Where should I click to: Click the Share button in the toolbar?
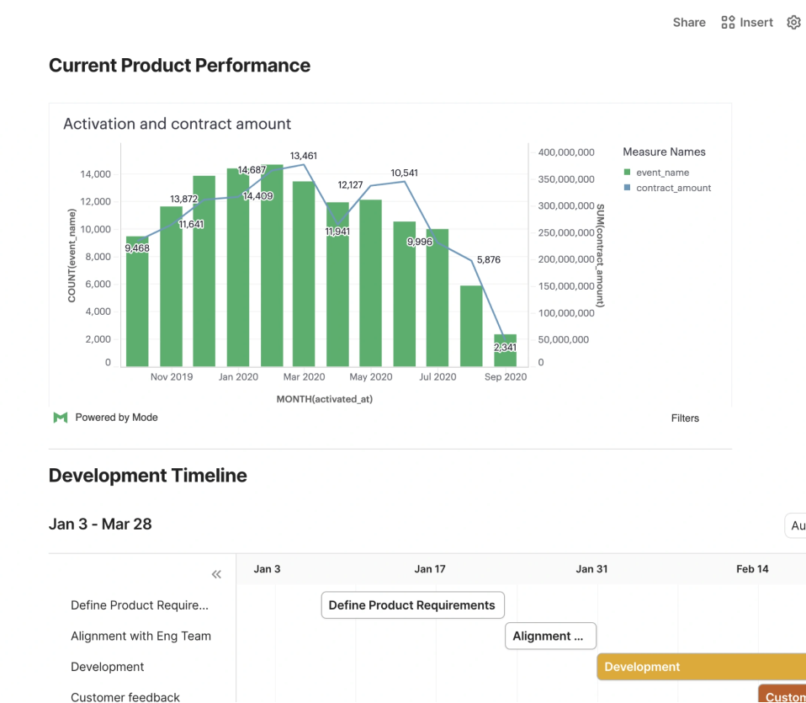click(x=688, y=23)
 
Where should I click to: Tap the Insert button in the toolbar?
click(x=747, y=23)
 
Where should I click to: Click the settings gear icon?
click(x=793, y=23)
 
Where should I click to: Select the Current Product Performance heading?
click(x=179, y=66)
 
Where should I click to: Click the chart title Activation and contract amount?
click(x=177, y=124)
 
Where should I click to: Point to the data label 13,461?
click(x=303, y=156)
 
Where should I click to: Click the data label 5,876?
click(x=488, y=260)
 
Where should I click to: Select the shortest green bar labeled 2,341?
click(x=505, y=350)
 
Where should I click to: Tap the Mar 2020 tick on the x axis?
click(x=303, y=377)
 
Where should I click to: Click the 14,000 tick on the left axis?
click(x=95, y=174)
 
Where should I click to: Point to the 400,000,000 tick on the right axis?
click(x=565, y=152)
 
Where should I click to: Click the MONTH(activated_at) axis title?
click(x=324, y=399)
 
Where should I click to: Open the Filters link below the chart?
click(x=685, y=418)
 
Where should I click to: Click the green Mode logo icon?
click(x=60, y=418)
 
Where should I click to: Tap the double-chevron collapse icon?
click(x=216, y=574)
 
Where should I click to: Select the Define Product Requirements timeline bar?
click(x=412, y=605)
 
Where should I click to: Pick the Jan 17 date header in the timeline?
click(x=429, y=569)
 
